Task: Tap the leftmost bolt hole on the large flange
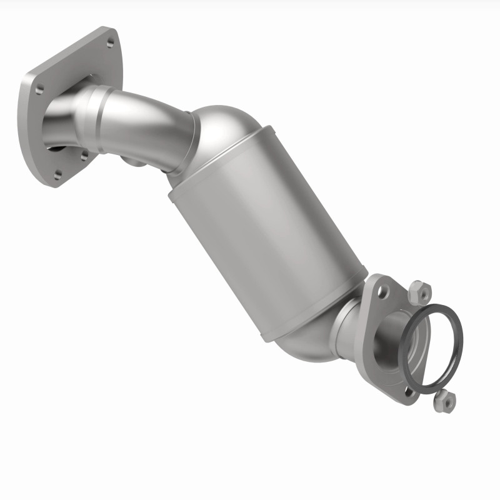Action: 39,87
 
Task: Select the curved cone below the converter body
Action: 306,341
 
